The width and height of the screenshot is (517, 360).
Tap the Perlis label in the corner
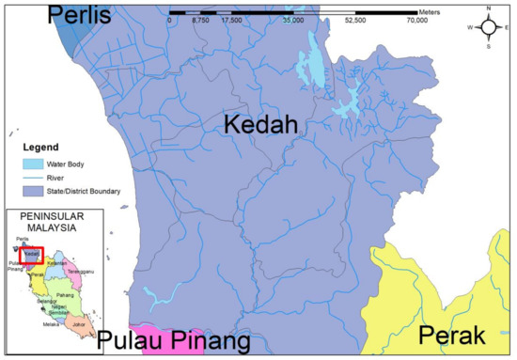(x=80, y=15)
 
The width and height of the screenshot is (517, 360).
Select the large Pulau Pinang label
(x=176, y=339)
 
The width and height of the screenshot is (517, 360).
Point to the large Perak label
(x=454, y=335)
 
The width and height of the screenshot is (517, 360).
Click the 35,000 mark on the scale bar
(x=294, y=18)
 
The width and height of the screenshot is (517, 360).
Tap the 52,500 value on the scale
(x=356, y=18)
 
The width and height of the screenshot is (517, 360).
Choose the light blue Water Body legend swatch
(x=36, y=164)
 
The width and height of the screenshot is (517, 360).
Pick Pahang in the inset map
(x=65, y=294)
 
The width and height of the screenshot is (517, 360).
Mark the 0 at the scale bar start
(x=170, y=18)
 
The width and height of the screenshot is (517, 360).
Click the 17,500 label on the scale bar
(x=232, y=18)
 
